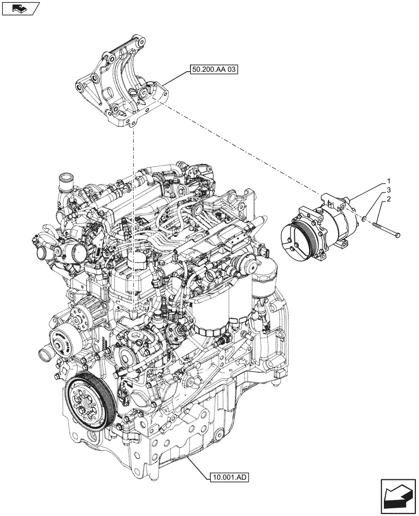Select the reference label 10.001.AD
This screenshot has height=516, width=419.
pyautogui.click(x=229, y=477)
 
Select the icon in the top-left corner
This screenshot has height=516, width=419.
pyautogui.click(x=20, y=8)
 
